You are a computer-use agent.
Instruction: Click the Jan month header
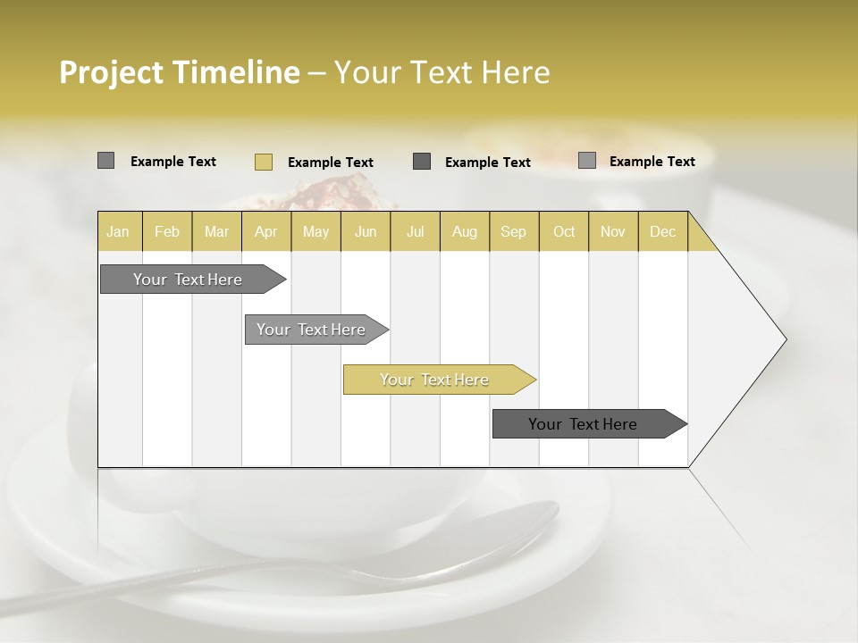point(119,231)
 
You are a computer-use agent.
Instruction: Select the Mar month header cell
point(216,231)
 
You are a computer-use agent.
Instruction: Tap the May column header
point(315,231)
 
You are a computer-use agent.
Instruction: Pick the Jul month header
point(415,231)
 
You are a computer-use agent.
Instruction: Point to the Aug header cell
point(464,231)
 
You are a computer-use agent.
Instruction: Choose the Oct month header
point(563,231)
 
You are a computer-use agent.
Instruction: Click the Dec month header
point(662,231)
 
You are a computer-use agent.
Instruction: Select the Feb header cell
point(167,231)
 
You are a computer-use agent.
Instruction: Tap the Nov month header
point(612,231)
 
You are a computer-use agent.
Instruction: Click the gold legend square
point(263,162)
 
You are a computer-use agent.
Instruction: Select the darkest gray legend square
point(422,161)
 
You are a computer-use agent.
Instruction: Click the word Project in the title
point(112,72)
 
